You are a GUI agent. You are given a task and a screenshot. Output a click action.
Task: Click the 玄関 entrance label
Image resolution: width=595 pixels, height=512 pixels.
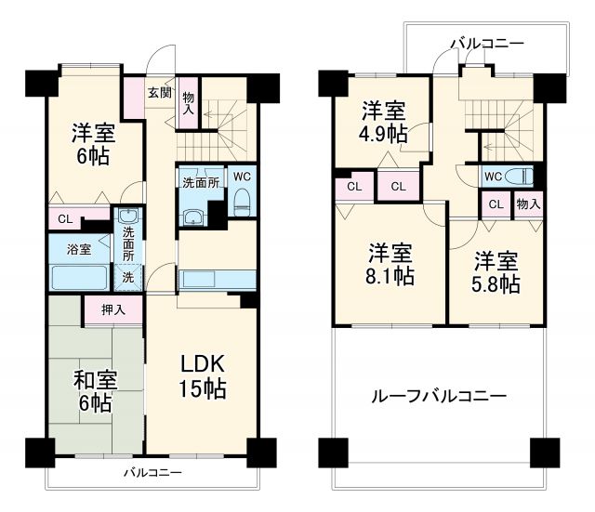[x=159, y=92]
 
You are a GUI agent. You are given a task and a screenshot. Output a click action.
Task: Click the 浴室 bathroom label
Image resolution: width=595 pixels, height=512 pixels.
[x=78, y=249]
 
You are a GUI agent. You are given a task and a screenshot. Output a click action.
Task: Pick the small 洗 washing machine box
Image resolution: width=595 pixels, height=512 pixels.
[x=126, y=276]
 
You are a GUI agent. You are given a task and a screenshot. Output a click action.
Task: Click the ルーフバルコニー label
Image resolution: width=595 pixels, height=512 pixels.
[x=439, y=396]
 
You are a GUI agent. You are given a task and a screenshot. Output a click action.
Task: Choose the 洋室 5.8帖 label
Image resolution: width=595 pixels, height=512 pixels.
[x=495, y=272]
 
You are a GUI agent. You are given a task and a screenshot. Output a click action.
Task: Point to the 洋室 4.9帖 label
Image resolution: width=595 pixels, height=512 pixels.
[x=384, y=121]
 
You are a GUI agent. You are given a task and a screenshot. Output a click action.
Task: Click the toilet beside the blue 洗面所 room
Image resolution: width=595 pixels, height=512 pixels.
[x=241, y=200]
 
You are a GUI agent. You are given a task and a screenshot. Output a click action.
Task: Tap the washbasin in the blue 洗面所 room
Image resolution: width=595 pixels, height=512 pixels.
[x=193, y=218]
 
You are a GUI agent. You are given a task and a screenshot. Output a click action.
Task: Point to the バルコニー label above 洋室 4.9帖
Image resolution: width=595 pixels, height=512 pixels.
[x=486, y=43]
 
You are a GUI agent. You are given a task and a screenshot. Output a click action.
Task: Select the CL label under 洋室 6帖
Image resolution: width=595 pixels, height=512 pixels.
[x=62, y=220]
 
